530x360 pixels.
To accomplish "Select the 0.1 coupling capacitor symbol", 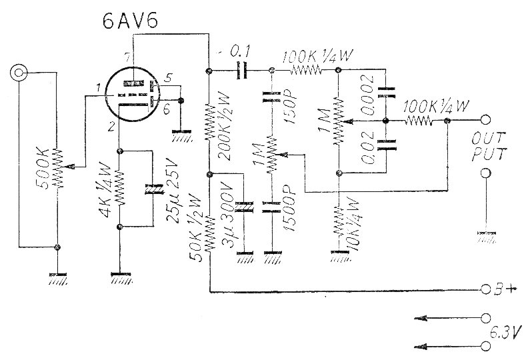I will (x=242, y=70).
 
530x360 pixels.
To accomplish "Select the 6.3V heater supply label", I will (x=506, y=331).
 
